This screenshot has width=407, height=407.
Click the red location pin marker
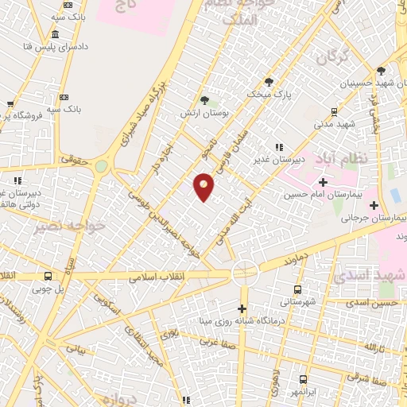pyautogui.click(x=204, y=186)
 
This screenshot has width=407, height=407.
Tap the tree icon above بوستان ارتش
pyautogui.click(x=206, y=100)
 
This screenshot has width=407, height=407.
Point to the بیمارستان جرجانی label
pyautogui.click(x=380, y=217)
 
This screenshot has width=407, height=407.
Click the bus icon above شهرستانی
pyautogui.click(x=298, y=289)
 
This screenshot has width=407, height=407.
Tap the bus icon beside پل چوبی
pyautogui.click(x=48, y=277)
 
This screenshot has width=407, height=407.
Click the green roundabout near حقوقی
pyautogui.click(x=102, y=167)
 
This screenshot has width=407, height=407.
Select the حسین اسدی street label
pyautogui.click(x=376, y=302)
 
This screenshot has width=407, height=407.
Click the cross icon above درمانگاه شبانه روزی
pyautogui.click(x=242, y=308)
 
